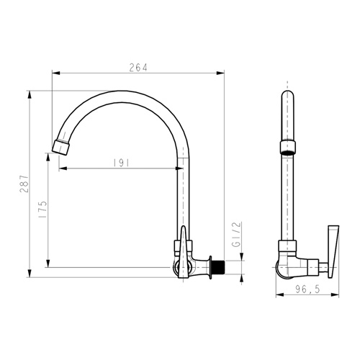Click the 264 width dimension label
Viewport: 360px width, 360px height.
click(138, 68)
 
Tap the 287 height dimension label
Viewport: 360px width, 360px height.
click(24, 184)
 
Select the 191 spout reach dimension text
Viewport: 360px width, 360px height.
click(121, 163)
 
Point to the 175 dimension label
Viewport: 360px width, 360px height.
click(42, 210)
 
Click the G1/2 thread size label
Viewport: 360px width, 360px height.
click(236, 235)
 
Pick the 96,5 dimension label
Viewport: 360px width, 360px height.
click(307, 289)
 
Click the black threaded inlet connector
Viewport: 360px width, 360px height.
click(218, 266)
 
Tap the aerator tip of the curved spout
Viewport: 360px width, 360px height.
click(60, 147)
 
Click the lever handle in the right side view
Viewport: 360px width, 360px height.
click(333, 251)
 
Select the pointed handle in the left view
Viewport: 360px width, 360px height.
click(183, 252)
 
